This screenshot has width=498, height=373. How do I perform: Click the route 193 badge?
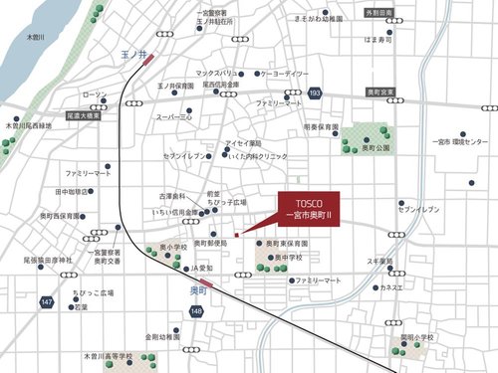315,93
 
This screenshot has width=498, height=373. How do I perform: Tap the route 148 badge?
195,312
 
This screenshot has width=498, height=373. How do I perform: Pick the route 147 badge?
48,299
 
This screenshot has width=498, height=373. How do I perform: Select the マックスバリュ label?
221,73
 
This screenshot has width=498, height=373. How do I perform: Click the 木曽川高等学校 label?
108,354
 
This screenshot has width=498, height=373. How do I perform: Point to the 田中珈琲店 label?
73,191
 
